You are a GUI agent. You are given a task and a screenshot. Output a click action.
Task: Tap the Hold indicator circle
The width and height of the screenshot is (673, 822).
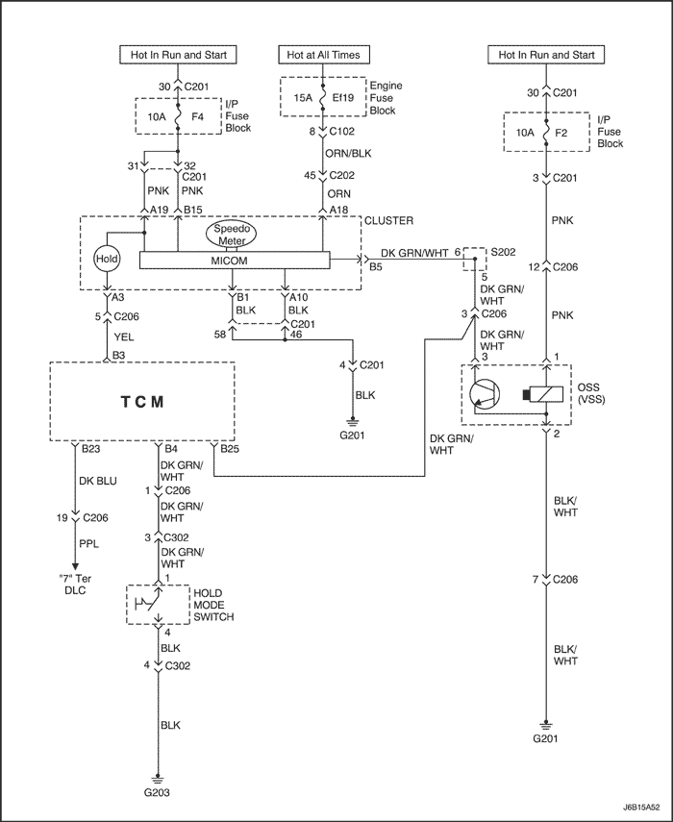point(107,260)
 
